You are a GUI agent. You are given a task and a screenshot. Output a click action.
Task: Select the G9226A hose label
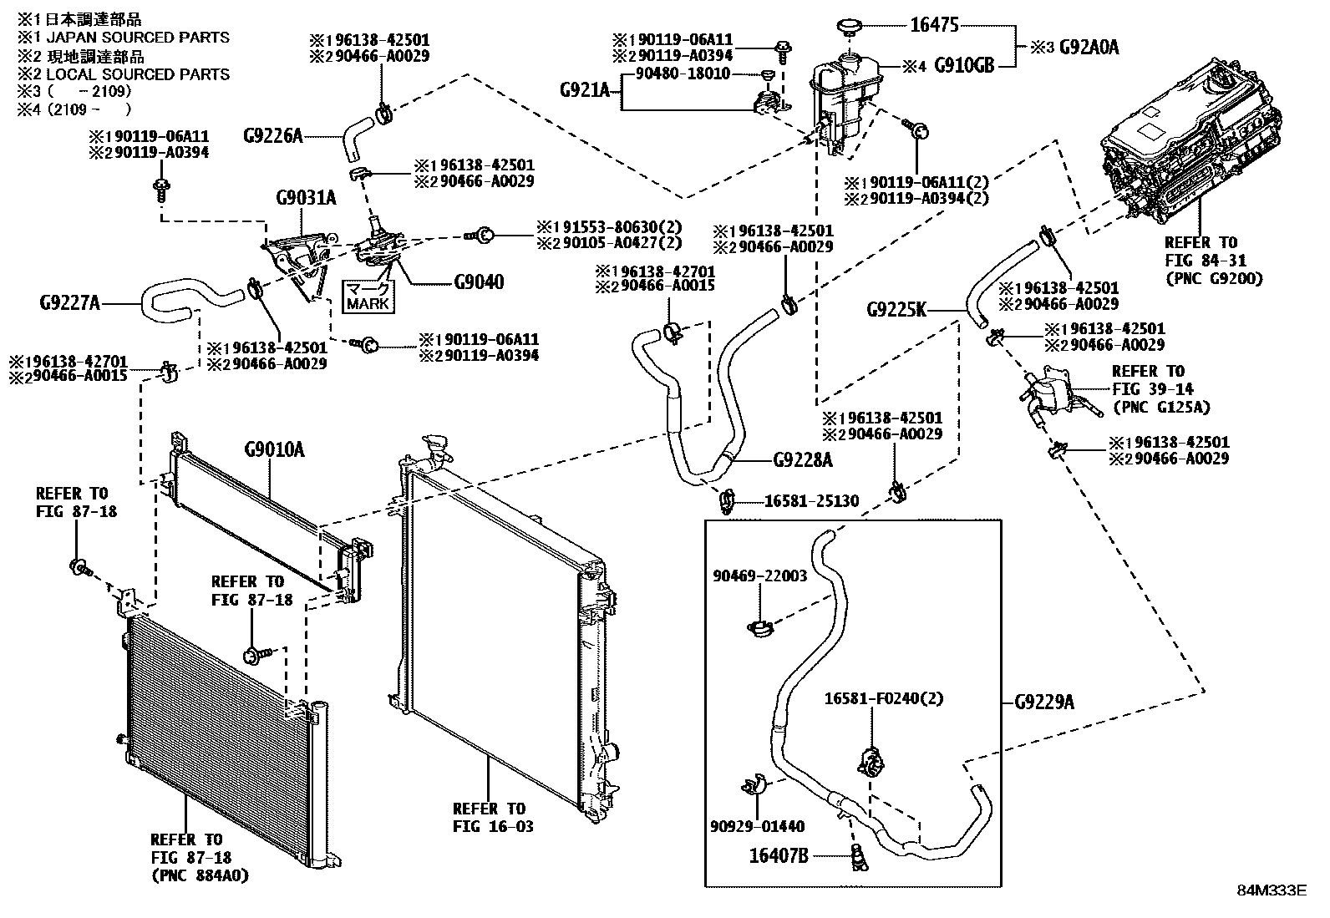272,134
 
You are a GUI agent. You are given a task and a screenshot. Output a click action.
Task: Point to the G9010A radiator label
274,452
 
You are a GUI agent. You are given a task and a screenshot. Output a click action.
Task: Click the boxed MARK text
368,304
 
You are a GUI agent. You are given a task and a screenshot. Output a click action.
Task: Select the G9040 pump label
479,282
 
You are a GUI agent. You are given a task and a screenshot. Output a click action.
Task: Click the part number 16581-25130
811,501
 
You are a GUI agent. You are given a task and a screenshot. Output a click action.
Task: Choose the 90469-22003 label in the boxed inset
760,576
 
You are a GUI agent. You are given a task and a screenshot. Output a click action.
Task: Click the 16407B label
778,855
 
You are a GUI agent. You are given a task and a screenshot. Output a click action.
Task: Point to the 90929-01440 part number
759,826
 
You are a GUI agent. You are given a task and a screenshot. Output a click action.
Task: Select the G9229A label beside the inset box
1044,702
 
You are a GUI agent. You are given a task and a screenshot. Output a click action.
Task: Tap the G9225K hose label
896,311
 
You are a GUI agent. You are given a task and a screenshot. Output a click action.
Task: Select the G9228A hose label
803,459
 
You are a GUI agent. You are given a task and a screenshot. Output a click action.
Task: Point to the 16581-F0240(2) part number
884,698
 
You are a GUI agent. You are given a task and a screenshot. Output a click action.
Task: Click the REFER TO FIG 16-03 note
489,818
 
